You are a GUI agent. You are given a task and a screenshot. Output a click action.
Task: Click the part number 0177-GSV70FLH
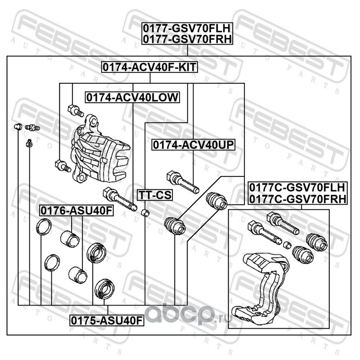click(x=187, y=28)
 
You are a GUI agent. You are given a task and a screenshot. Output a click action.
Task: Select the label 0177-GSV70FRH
click(x=187, y=39)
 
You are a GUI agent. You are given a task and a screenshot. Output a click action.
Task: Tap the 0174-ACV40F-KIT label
click(x=149, y=67)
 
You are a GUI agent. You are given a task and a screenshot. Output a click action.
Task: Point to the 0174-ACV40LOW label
click(x=132, y=97)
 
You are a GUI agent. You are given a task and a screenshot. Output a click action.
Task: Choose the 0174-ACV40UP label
click(x=193, y=145)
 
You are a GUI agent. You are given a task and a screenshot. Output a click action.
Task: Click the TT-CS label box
click(x=155, y=195)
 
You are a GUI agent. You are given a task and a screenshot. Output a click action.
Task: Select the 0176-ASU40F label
click(x=76, y=210)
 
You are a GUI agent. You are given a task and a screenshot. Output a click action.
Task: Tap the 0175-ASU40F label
click(x=107, y=320)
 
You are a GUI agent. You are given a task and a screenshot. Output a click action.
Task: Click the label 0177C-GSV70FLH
click(x=297, y=188)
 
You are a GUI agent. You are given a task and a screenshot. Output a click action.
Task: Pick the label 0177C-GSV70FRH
click(x=298, y=198)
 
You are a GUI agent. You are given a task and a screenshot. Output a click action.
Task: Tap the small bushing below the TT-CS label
click(x=145, y=212)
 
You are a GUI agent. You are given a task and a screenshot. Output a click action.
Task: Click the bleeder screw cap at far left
click(x=18, y=126)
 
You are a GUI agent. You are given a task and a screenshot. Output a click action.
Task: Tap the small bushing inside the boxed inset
click(x=287, y=245)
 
